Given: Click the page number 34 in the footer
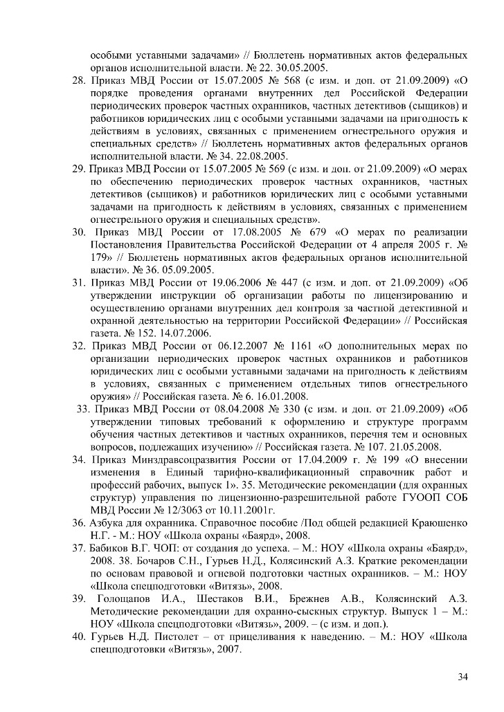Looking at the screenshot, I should pyautogui.click(x=462, y=676).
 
